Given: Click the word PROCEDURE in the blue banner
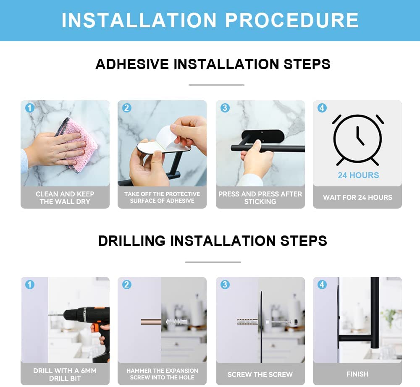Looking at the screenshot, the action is [x=291, y=20].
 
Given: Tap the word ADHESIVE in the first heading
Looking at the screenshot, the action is [x=132, y=64].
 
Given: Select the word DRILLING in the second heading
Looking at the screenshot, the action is [x=131, y=241].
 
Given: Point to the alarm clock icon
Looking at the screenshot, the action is [x=357, y=140].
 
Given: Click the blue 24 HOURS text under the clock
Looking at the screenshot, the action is [x=358, y=175].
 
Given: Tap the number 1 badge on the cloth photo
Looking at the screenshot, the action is [x=29, y=108].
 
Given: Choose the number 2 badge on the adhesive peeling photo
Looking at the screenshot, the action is [x=126, y=108].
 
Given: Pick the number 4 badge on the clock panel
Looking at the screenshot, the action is [x=322, y=108].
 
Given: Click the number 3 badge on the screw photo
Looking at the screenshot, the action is [x=225, y=285].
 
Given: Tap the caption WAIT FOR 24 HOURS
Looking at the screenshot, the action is [x=357, y=198].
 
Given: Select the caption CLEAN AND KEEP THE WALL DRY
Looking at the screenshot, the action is [x=65, y=198].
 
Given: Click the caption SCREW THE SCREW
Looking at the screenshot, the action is [x=260, y=374].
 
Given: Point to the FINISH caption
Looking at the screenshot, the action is [x=357, y=374].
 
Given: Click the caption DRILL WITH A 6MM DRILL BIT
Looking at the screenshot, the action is [x=65, y=374].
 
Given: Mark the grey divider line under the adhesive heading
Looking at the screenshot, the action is [x=216, y=85].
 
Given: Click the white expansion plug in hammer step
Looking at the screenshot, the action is [x=175, y=322].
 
